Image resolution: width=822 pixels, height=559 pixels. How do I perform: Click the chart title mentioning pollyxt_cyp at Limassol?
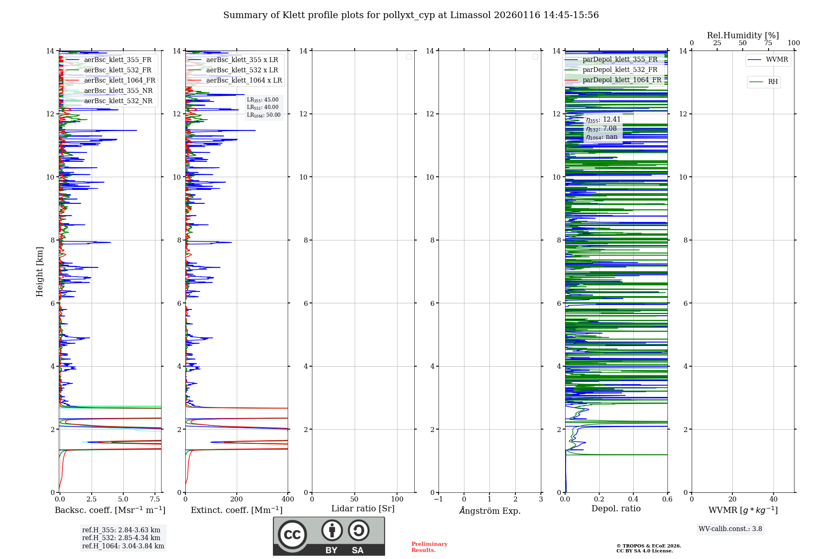[411, 15]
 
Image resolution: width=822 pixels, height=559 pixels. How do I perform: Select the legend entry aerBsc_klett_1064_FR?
[119, 81]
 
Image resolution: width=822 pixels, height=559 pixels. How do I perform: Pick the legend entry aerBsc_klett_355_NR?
[118, 91]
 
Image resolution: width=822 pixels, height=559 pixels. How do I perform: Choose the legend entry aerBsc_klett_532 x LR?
[242, 70]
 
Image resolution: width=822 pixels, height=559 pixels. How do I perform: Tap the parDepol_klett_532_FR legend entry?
[620, 70]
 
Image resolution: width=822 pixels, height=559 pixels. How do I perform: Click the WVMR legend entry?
[776, 60]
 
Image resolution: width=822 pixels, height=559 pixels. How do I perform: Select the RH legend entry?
[772, 82]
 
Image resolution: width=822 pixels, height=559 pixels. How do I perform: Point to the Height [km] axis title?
[39, 272]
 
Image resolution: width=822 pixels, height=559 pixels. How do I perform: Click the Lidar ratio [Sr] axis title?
[363, 509]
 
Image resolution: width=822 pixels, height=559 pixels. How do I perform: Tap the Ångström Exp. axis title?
[490, 511]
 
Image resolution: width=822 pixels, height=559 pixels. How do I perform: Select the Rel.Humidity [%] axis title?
[743, 35]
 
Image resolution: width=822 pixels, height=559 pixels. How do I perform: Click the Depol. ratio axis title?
[616, 509]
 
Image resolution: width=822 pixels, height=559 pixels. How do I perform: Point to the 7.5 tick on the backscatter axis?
[155, 499]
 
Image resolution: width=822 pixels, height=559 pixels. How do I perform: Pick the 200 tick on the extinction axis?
[237, 499]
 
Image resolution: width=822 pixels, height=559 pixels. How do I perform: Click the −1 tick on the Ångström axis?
[439, 499]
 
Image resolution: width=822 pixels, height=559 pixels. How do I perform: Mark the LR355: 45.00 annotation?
[263, 100]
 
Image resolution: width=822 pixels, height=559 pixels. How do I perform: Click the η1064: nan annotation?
[602, 137]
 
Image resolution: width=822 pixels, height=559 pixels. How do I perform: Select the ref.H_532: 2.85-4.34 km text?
[121, 538]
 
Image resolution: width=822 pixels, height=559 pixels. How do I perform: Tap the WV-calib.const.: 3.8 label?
[730, 529]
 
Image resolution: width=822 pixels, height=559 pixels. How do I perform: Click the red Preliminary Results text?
[429, 547]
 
